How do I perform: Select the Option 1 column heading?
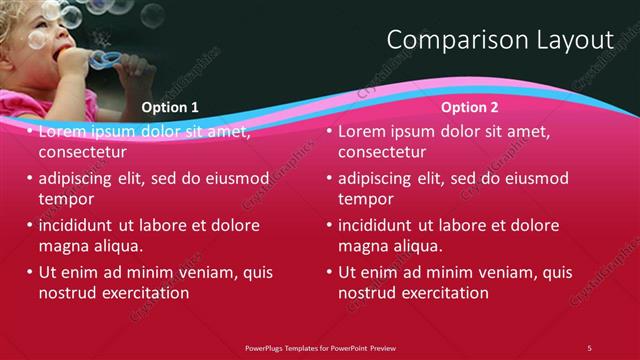(x=170, y=107)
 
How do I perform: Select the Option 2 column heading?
(x=470, y=107)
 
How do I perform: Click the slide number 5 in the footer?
(x=589, y=347)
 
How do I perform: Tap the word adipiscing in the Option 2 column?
(x=378, y=178)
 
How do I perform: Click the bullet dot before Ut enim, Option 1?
(x=30, y=272)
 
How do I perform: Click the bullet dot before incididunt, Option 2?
(x=330, y=225)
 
